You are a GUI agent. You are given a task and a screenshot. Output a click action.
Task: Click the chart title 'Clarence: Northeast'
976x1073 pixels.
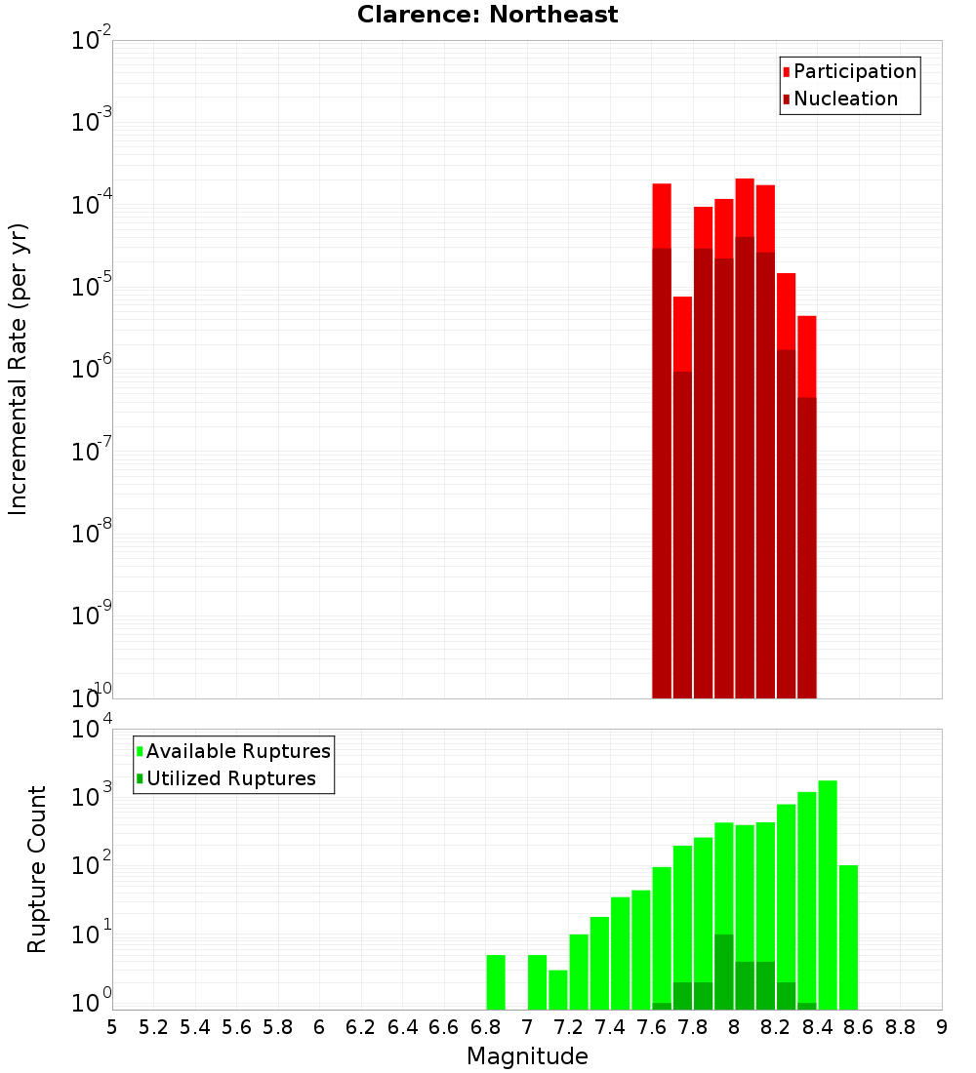click(x=487, y=15)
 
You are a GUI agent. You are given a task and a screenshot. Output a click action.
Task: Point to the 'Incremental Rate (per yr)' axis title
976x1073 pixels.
click(x=19, y=370)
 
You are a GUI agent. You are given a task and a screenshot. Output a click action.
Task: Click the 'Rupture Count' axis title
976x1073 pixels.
click(x=37, y=869)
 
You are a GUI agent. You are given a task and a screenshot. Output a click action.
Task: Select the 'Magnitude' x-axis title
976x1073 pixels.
click(x=527, y=1056)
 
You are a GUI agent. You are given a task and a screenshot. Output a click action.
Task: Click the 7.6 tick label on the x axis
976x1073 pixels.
click(x=651, y=1027)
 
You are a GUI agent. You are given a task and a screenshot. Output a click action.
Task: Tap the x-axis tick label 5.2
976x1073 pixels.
click(x=153, y=1027)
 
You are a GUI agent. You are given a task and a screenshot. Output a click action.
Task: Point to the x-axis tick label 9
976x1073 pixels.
click(x=941, y=1027)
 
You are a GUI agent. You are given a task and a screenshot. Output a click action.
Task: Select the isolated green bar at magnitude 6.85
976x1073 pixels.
click(x=496, y=982)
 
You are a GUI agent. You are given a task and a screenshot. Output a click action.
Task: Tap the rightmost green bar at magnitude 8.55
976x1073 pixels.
click(x=848, y=936)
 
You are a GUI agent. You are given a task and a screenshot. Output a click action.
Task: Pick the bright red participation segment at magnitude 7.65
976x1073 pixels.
click(x=662, y=216)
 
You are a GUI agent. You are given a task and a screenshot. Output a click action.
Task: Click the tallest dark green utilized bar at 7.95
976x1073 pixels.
click(x=724, y=972)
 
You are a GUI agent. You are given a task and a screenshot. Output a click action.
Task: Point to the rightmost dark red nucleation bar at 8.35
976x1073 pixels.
click(x=806, y=547)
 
